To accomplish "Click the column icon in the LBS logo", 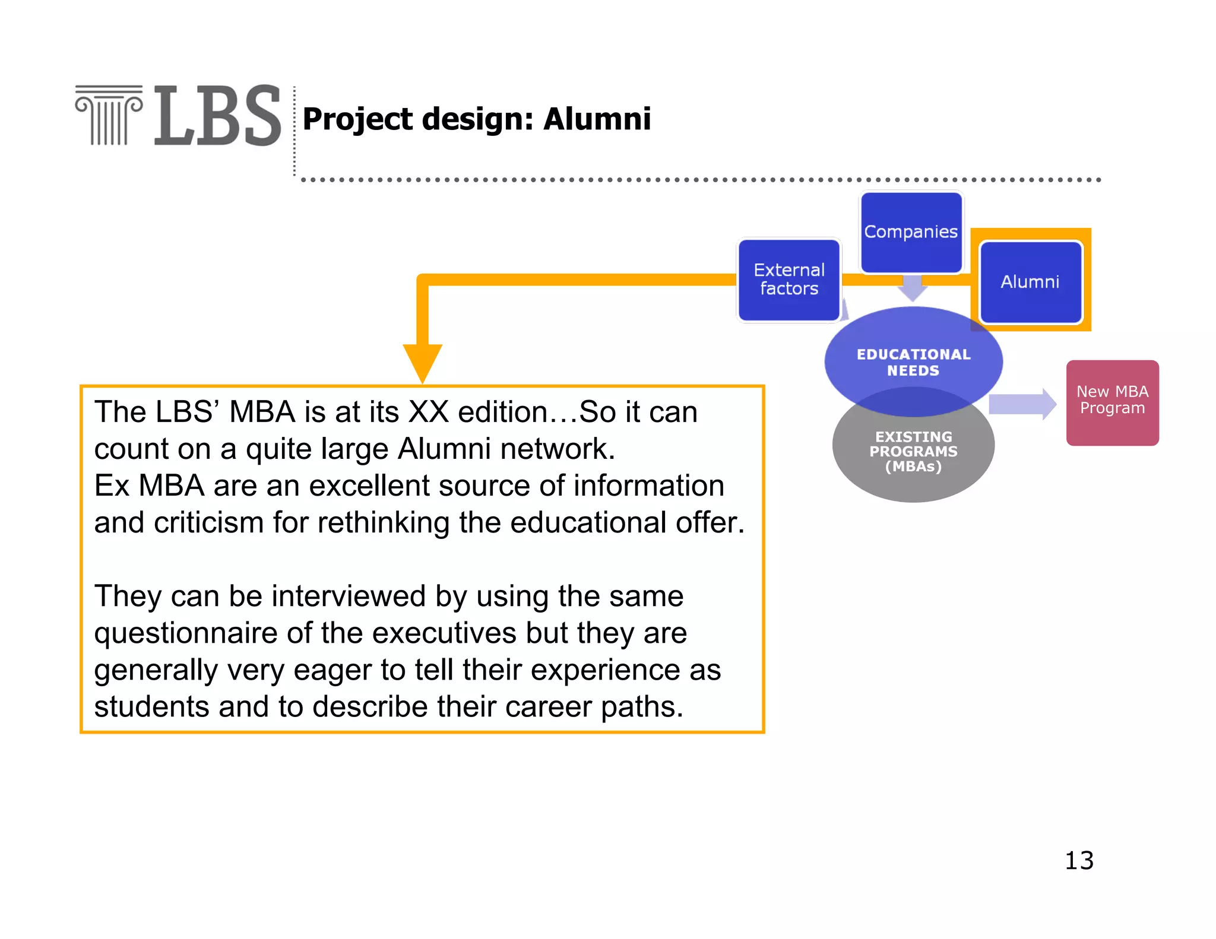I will click(109, 115).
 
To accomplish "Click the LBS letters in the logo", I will click(217, 116).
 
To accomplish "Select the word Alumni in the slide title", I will click(597, 119).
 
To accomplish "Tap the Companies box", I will click(911, 232).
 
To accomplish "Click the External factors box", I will click(789, 280).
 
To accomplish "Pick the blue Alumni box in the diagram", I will click(1030, 282).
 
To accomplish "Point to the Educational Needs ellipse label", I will click(913, 362).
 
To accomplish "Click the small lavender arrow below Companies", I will click(913, 288).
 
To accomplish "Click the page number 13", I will click(1079, 861).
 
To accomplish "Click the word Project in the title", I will click(357, 120).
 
